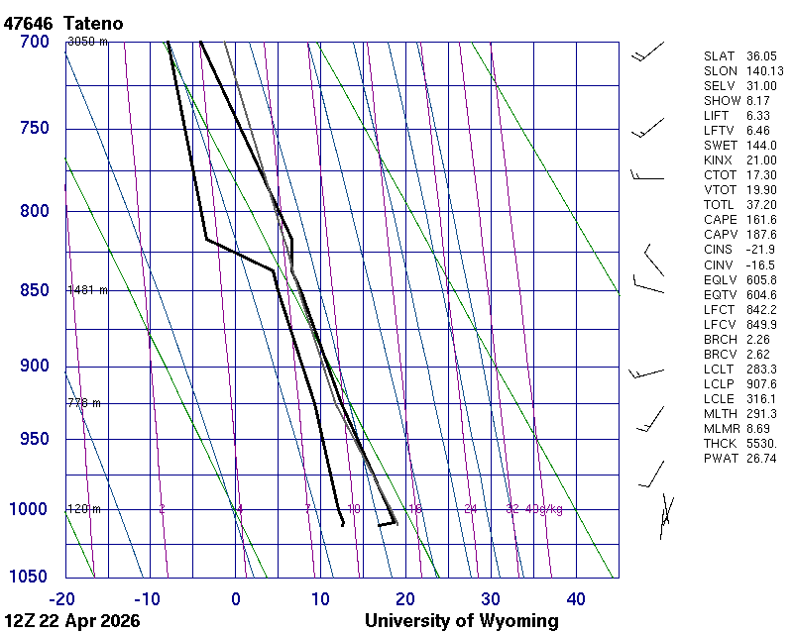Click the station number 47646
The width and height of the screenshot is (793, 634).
pos(28,23)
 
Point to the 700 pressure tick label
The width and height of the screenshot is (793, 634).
pos(34,42)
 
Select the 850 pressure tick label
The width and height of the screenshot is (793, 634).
pos(34,290)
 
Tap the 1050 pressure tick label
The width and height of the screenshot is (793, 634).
pos(30,578)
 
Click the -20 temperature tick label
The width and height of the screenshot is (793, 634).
pos(63,597)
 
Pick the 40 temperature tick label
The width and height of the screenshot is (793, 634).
pos(576,597)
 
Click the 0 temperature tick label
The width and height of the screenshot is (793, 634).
pos(236,597)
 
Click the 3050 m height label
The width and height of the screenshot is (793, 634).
pos(87,42)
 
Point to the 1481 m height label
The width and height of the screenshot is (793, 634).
pos(87,290)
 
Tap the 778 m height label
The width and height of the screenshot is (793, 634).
pos(84,403)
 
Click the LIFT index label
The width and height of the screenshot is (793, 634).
pos(716,116)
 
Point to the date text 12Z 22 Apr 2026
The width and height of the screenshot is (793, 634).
pos(71,621)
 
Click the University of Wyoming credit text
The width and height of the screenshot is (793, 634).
pos(461,621)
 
